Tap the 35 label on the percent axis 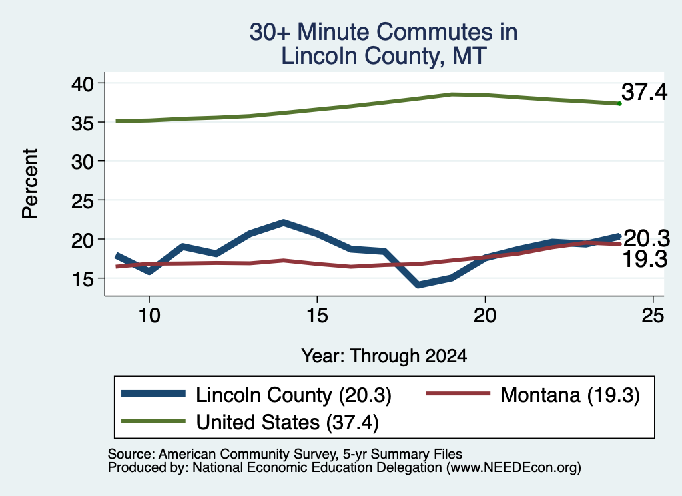tap(83, 123)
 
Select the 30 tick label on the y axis tap(83, 162)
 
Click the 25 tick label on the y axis tap(83, 201)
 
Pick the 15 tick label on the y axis tap(83, 279)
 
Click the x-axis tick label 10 tap(149, 315)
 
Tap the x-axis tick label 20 tap(485, 315)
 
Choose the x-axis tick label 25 tap(653, 315)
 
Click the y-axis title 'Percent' tap(31, 183)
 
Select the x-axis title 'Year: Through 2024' tap(384, 356)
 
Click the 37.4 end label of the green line tap(644, 92)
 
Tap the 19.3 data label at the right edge tap(645, 259)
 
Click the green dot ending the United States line tap(619, 103)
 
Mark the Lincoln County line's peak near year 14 tap(283, 223)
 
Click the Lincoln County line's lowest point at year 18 tap(418, 285)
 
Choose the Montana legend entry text tap(570, 395)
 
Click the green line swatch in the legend tap(154, 421)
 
